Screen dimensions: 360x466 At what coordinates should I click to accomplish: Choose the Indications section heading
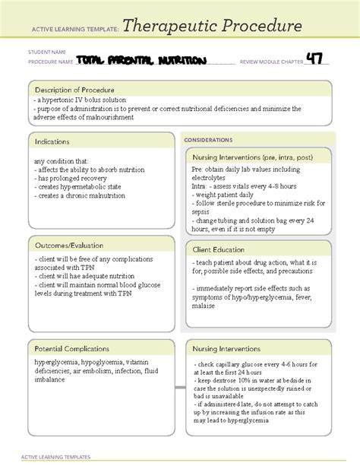click(x=52, y=142)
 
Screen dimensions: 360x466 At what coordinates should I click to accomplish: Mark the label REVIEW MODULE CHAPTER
click(x=272, y=61)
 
